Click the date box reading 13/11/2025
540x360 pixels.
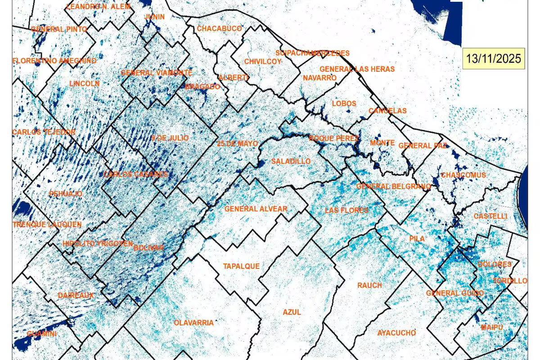tap(493, 58)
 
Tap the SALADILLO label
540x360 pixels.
tap(291, 161)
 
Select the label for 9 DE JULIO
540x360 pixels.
tap(170, 138)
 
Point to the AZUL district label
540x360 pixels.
tap(292, 312)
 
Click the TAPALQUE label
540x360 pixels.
tap(241, 266)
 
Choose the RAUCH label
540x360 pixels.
tap(369, 285)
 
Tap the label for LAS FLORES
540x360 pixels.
tap(346, 210)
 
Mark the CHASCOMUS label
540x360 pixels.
tap(463, 175)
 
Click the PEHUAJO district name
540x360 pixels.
tap(66, 193)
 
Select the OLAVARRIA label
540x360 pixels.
tap(193, 323)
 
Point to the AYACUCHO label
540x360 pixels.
tap(396, 333)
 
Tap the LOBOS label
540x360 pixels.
tap(344, 103)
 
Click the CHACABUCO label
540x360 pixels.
tap(219, 29)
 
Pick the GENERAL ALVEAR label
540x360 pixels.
tap(256, 209)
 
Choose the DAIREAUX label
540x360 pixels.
tap(76, 296)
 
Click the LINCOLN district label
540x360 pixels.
tap(85, 84)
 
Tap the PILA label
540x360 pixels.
tap(417, 238)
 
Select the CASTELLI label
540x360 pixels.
tap(490, 216)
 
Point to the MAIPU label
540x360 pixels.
tap(491, 327)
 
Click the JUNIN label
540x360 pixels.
tap(154, 17)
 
